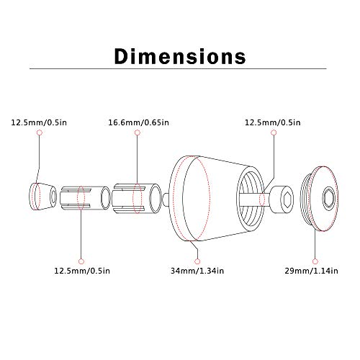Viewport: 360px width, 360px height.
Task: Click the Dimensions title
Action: click(x=180, y=56)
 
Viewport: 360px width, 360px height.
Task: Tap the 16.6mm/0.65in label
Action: click(x=138, y=122)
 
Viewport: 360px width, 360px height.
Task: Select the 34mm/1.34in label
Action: click(x=197, y=271)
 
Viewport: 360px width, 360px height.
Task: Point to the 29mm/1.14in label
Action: click(x=311, y=271)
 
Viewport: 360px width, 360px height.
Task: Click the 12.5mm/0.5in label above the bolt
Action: click(x=272, y=122)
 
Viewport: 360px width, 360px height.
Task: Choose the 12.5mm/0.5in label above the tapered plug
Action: click(x=39, y=122)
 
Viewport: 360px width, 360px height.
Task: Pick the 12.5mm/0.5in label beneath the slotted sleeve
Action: click(x=82, y=271)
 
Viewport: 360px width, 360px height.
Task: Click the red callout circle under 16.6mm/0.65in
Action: click(x=138, y=132)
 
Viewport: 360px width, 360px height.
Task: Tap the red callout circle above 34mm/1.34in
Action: click(x=197, y=261)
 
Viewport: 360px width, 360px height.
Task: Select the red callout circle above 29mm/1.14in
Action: click(x=315, y=261)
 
